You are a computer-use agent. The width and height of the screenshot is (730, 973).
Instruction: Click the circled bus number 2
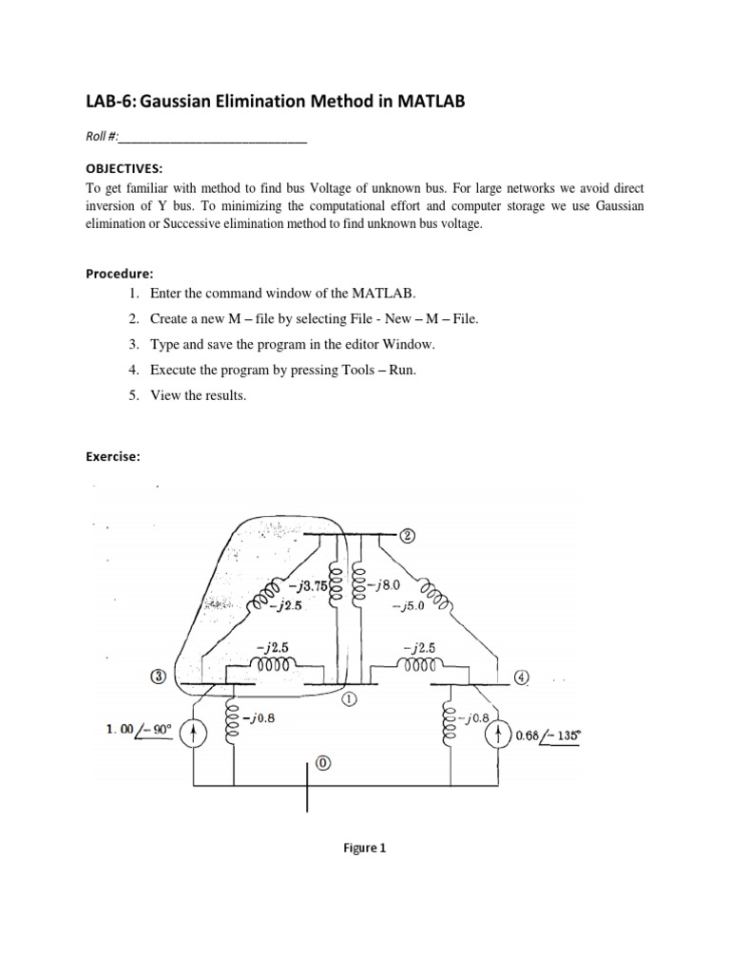(408, 535)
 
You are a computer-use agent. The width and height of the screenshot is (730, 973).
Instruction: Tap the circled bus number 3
(160, 677)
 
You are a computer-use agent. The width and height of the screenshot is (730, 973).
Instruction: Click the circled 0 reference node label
(323, 763)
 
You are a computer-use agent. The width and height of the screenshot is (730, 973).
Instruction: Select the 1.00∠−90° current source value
(140, 731)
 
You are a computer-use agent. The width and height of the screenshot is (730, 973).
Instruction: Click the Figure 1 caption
(365, 849)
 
